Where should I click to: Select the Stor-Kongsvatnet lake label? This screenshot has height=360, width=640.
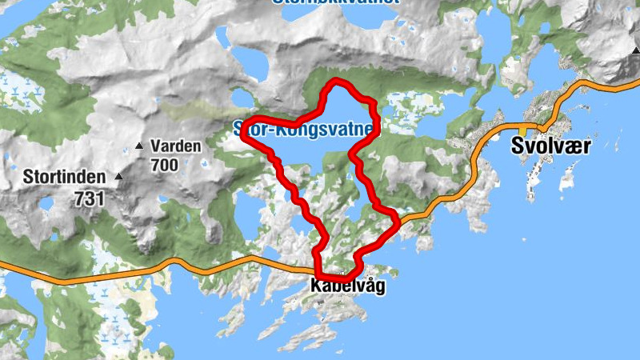point(304,127)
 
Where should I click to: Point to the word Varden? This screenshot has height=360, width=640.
point(175,147)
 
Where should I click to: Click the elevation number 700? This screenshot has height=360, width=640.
point(165,164)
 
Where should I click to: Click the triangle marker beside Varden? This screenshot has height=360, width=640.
point(139,146)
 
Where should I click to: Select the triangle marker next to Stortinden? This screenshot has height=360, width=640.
point(119,176)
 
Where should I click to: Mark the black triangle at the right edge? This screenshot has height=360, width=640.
point(635,50)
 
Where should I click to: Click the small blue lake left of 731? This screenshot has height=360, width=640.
point(46,205)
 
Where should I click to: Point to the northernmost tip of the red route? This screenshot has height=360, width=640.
point(337,82)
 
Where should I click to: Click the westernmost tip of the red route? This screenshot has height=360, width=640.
point(243,137)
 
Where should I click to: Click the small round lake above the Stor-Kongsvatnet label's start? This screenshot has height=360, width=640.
point(240,98)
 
